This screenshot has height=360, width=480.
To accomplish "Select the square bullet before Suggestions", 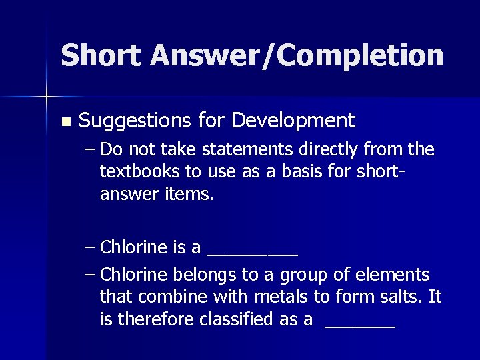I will (64, 122).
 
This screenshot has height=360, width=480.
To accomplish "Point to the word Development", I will (294, 121).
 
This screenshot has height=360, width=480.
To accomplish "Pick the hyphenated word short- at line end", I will (381, 171).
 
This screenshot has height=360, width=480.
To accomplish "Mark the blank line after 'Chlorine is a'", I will (253, 254).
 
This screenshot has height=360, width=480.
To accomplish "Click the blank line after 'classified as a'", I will (360, 327).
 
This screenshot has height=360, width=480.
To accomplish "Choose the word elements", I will (393, 275).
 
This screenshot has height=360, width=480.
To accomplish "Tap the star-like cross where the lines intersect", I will (47, 97).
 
